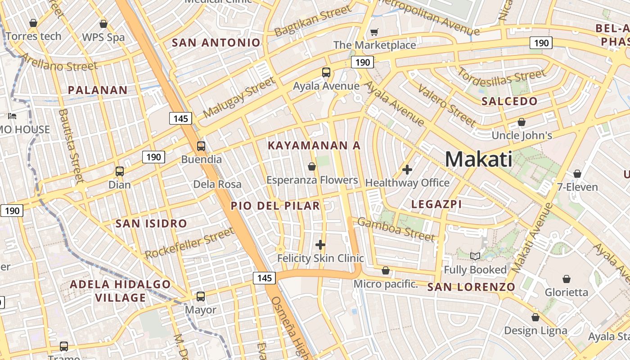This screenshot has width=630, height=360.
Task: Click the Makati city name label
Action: click(478, 159)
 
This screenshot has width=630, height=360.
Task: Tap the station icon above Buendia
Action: click(201, 146)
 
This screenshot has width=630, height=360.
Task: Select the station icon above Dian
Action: click(119, 171)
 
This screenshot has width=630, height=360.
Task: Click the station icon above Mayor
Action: click(201, 297)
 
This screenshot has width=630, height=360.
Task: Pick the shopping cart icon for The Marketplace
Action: click(374, 32)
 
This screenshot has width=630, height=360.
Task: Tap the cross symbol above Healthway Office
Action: click(407, 170)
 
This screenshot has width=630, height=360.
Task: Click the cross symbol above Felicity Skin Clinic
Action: click(320, 245)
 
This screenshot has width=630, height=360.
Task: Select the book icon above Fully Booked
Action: click(475, 256)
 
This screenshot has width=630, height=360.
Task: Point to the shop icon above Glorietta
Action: click(566, 279)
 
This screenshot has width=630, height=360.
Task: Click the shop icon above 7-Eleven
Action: click(577, 174)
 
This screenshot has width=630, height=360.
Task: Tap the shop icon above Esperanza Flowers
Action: click(311, 167)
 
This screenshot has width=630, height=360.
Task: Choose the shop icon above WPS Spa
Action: click(103, 24)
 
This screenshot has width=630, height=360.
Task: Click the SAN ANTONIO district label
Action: click(216, 43)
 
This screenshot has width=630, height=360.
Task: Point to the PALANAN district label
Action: click(98, 90)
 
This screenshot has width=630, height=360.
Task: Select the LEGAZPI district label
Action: click(436, 204)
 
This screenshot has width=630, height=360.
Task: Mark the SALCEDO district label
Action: click(509, 101)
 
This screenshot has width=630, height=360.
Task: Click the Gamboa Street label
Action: click(396, 229)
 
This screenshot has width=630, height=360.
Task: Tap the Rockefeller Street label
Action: click(189, 243)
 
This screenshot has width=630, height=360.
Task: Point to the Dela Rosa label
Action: click(217, 184)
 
